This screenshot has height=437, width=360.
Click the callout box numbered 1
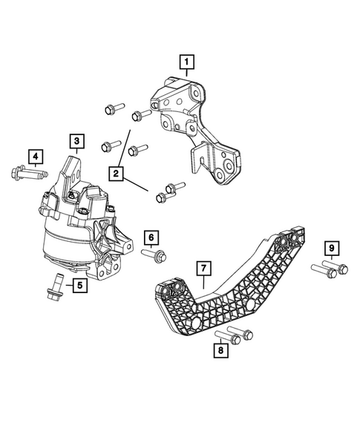click(x=187, y=61)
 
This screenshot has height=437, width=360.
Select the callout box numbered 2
click(x=115, y=174)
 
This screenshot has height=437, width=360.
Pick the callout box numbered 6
click(x=151, y=237)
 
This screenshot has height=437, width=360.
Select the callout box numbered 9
click(x=333, y=247)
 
